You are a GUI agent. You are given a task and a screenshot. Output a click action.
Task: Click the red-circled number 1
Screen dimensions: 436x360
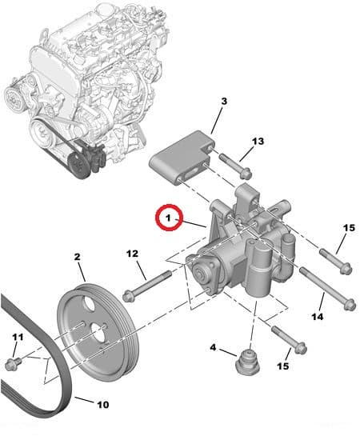point(169,217)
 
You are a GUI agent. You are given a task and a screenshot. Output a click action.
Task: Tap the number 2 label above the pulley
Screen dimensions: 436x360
point(78,257)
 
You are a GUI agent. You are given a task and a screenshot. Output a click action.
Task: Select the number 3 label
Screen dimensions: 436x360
point(223,102)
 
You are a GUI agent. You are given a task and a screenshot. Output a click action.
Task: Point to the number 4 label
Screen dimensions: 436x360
point(214,347)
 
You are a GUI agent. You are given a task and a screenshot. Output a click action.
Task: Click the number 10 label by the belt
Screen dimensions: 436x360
point(102,404)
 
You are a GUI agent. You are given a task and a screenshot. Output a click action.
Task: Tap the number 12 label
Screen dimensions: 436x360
point(133,254)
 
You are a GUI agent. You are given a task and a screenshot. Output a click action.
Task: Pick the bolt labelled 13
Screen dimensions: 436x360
point(234,166)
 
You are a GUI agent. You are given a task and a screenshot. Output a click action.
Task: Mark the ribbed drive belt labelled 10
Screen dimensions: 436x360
point(40,352)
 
